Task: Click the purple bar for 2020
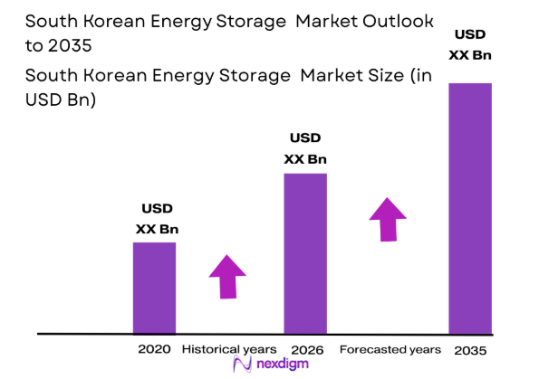pyautogui.click(x=154, y=288)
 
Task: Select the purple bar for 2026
pyautogui.click(x=305, y=253)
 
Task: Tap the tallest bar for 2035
pyautogui.click(x=470, y=208)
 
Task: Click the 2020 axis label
pyautogui.click(x=154, y=349)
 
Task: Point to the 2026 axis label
pyautogui.click(x=308, y=349)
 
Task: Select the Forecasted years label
pyautogui.click(x=390, y=349)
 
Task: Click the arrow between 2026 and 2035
pyautogui.click(x=388, y=220)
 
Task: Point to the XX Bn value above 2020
pyautogui.click(x=157, y=229)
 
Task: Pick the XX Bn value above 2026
pyautogui.click(x=305, y=159)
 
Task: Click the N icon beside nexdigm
pyautogui.click(x=242, y=364)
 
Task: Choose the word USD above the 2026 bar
pyautogui.click(x=305, y=139)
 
